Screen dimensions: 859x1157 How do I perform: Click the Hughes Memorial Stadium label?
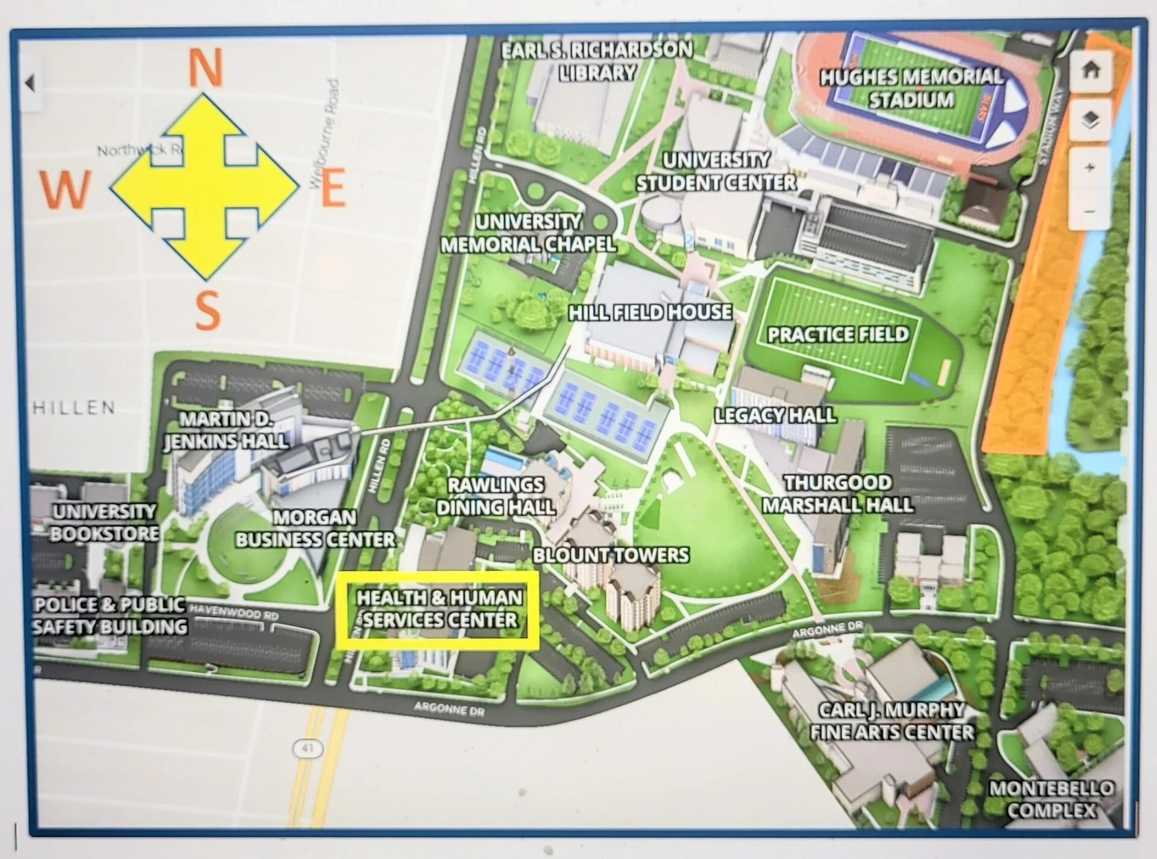pyautogui.click(x=911, y=88)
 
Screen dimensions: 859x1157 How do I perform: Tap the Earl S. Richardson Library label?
pyautogui.click(x=597, y=61)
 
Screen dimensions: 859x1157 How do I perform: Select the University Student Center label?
pyautogui.click(x=716, y=172)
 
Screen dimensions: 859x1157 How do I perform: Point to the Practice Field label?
pyautogui.click(x=837, y=335)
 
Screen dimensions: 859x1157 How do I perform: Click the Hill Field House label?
pyautogui.click(x=650, y=312)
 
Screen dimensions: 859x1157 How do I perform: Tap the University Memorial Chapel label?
pyautogui.click(x=528, y=233)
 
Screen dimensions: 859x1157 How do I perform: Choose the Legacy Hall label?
pyautogui.click(x=775, y=415)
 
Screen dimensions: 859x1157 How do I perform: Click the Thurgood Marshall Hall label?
pyautogui.click(x=837, y=494)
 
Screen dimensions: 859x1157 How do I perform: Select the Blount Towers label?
pyautogui.click(x=611, y=555)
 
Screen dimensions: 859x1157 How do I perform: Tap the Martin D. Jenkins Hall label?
pyautogui.click(x=225, y=430)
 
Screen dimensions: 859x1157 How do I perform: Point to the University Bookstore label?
pyautogui.click(x=104, y=523)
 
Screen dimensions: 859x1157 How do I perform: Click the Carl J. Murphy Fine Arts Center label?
pyautogui.click(x=891, y=721)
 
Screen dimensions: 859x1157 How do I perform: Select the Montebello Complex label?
pyautogui.click(x=1051, y=799)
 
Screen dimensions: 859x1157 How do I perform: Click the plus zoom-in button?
pyautogui.click(x=1089, y=168)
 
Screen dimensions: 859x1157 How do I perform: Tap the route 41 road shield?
pyautogui.click(x=307, y=749)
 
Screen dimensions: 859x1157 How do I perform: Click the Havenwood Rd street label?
pyautogui.click(x=234, y=613)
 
